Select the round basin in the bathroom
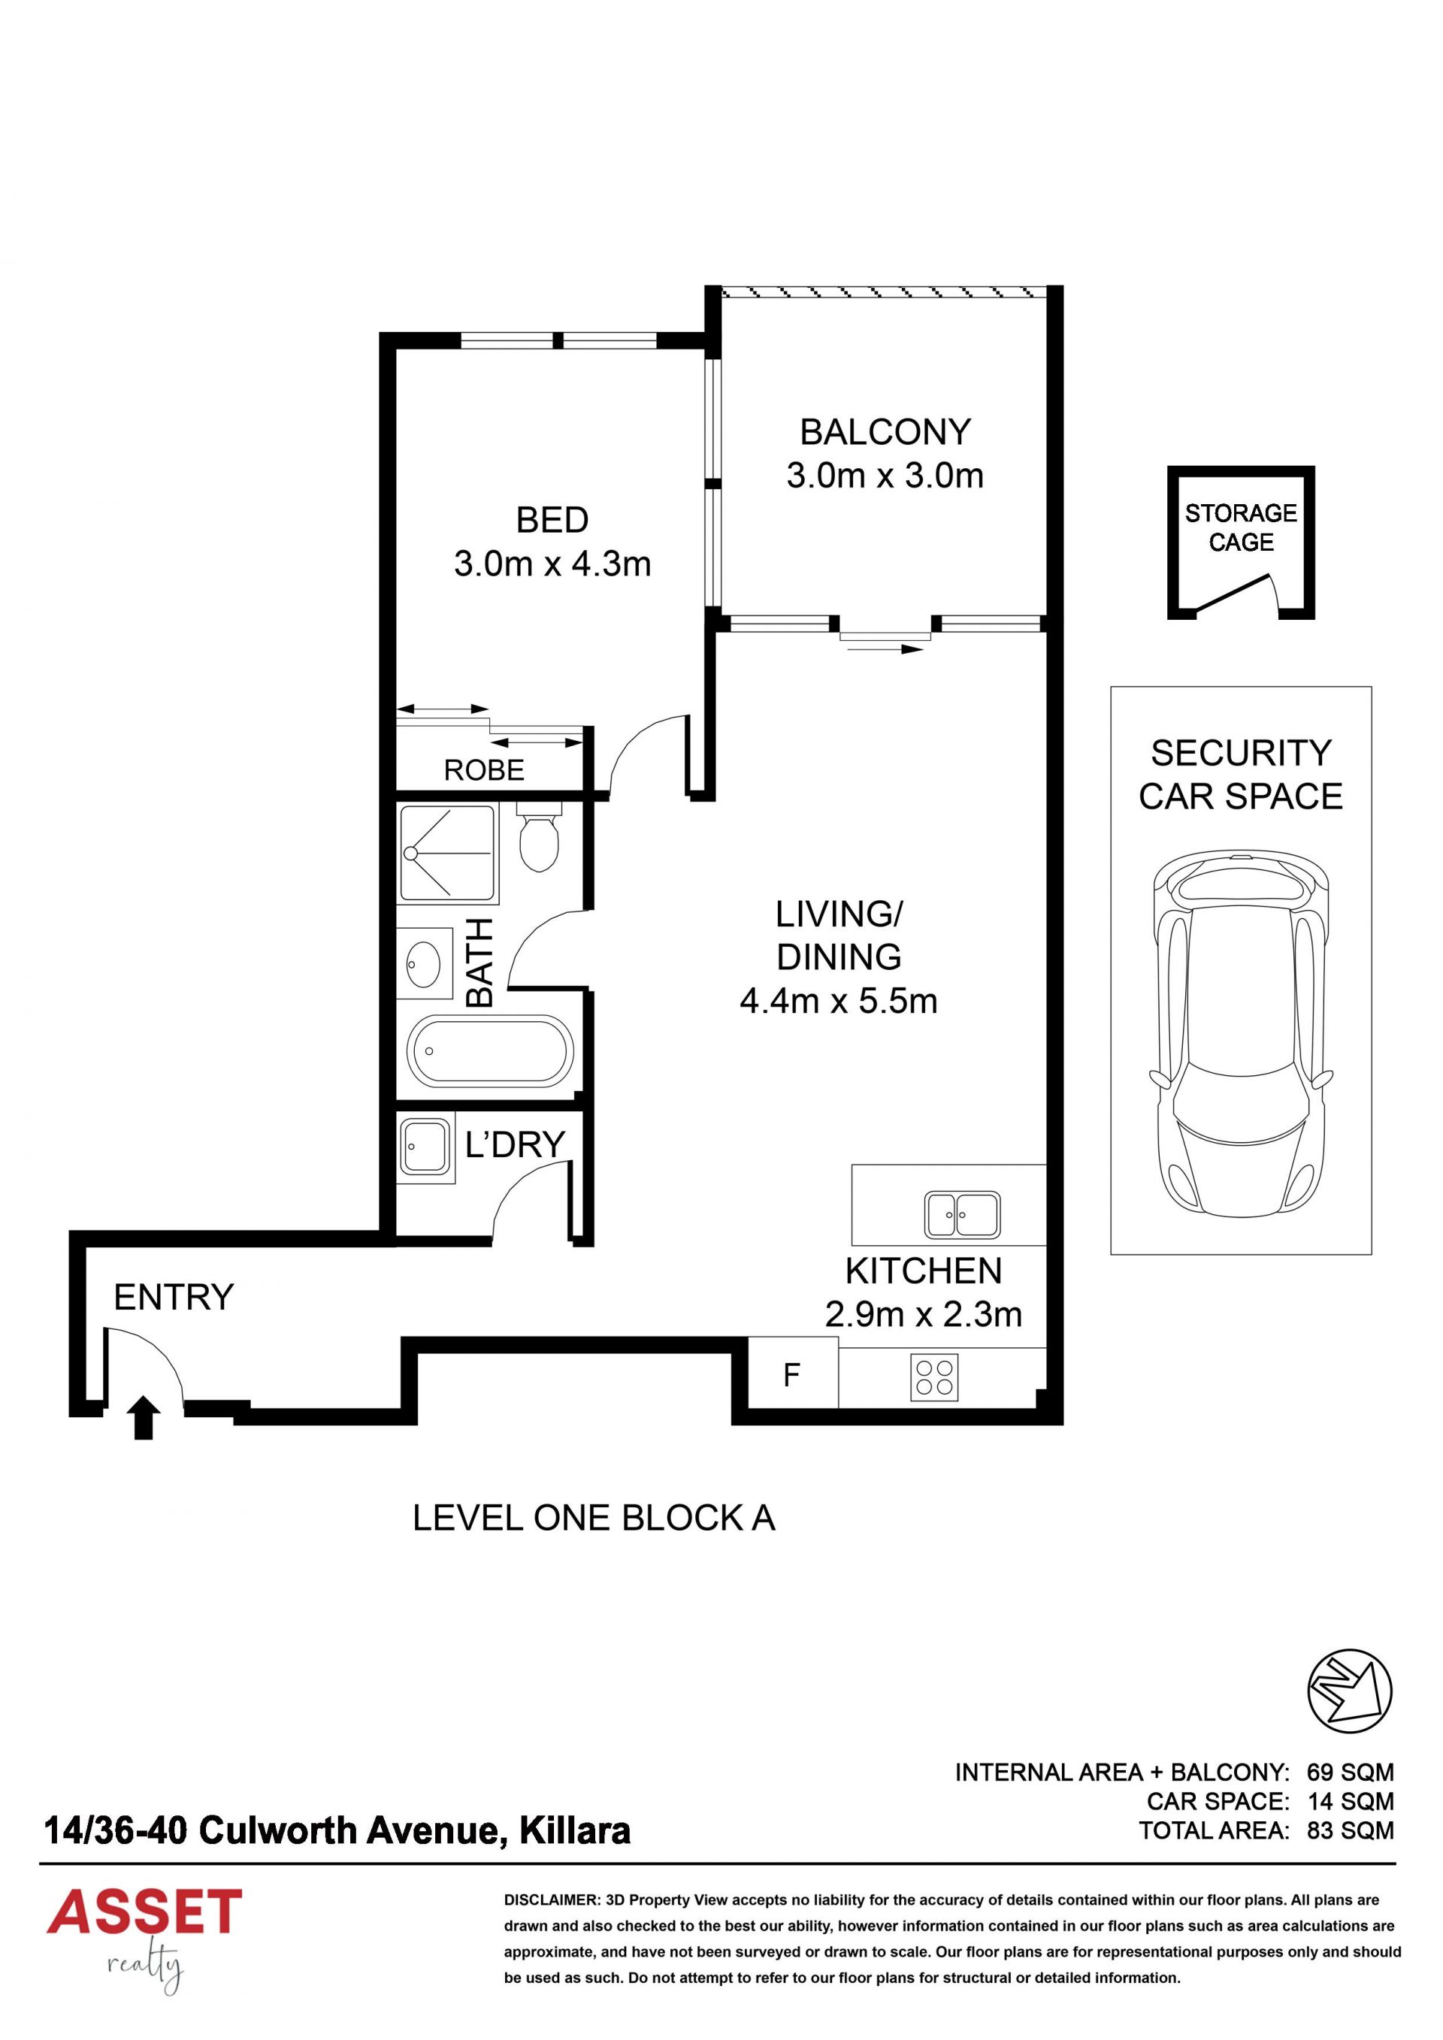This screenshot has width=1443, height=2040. pyautogui.click(x=424, y=960)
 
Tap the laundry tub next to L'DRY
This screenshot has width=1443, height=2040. pyautogui.click(x=425, y=1146)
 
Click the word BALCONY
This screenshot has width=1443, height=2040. pyautogui.click(x=885, y=432)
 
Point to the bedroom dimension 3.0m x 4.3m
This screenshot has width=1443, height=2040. pyautogui.click(x=552, y=564)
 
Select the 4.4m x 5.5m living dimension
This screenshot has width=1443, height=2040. pyautogui.click(x=839, y=1002)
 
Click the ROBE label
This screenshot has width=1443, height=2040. pyautogui.click(x=484, y=769)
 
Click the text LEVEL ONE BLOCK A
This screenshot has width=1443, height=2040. pyautogui.click(x=594, y=1519)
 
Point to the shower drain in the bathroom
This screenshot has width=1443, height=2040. pyautogui.click(x=410, y=853)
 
